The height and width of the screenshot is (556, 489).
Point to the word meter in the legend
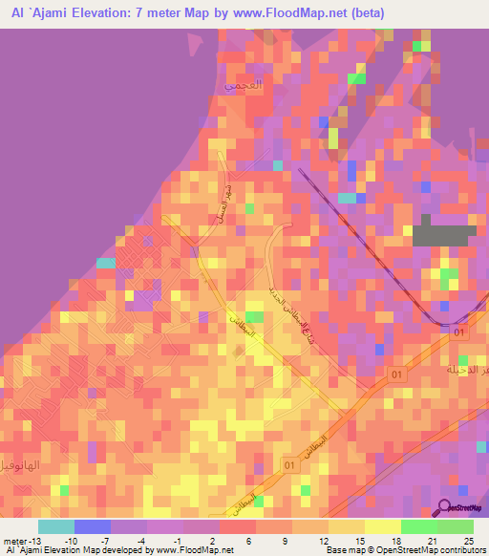coord(13,541)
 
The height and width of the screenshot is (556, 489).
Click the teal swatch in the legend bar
coord(56,526)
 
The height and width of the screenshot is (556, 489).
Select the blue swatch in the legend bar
coord(93,526)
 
